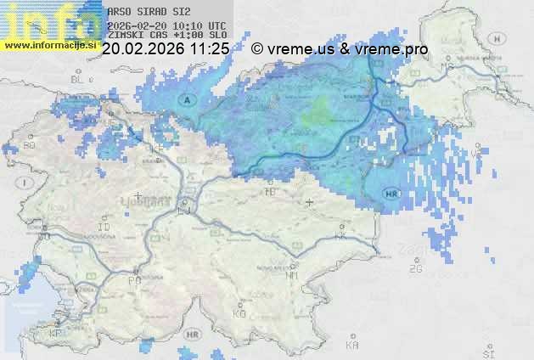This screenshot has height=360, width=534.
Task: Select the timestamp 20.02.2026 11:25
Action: (x=166, y=49)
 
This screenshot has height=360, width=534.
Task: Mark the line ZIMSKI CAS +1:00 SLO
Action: (x=167, y=35)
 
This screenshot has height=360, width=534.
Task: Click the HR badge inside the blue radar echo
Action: (x=391, y=193)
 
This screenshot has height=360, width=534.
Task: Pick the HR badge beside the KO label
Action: (x=194, y=335)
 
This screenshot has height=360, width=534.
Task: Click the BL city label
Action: (x=78, y=79)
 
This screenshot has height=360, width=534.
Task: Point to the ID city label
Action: (x=104, y=228)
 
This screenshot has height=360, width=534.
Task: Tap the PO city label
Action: (x=133, y=279)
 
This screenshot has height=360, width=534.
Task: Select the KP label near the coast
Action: (x=57, y=333)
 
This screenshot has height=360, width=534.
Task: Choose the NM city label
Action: (x=292, y=276)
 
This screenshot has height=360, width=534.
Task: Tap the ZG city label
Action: (x=415, y=269)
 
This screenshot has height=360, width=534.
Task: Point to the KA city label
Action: (x=353, y=346)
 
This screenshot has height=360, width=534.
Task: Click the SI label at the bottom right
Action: (x=487, y=352)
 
